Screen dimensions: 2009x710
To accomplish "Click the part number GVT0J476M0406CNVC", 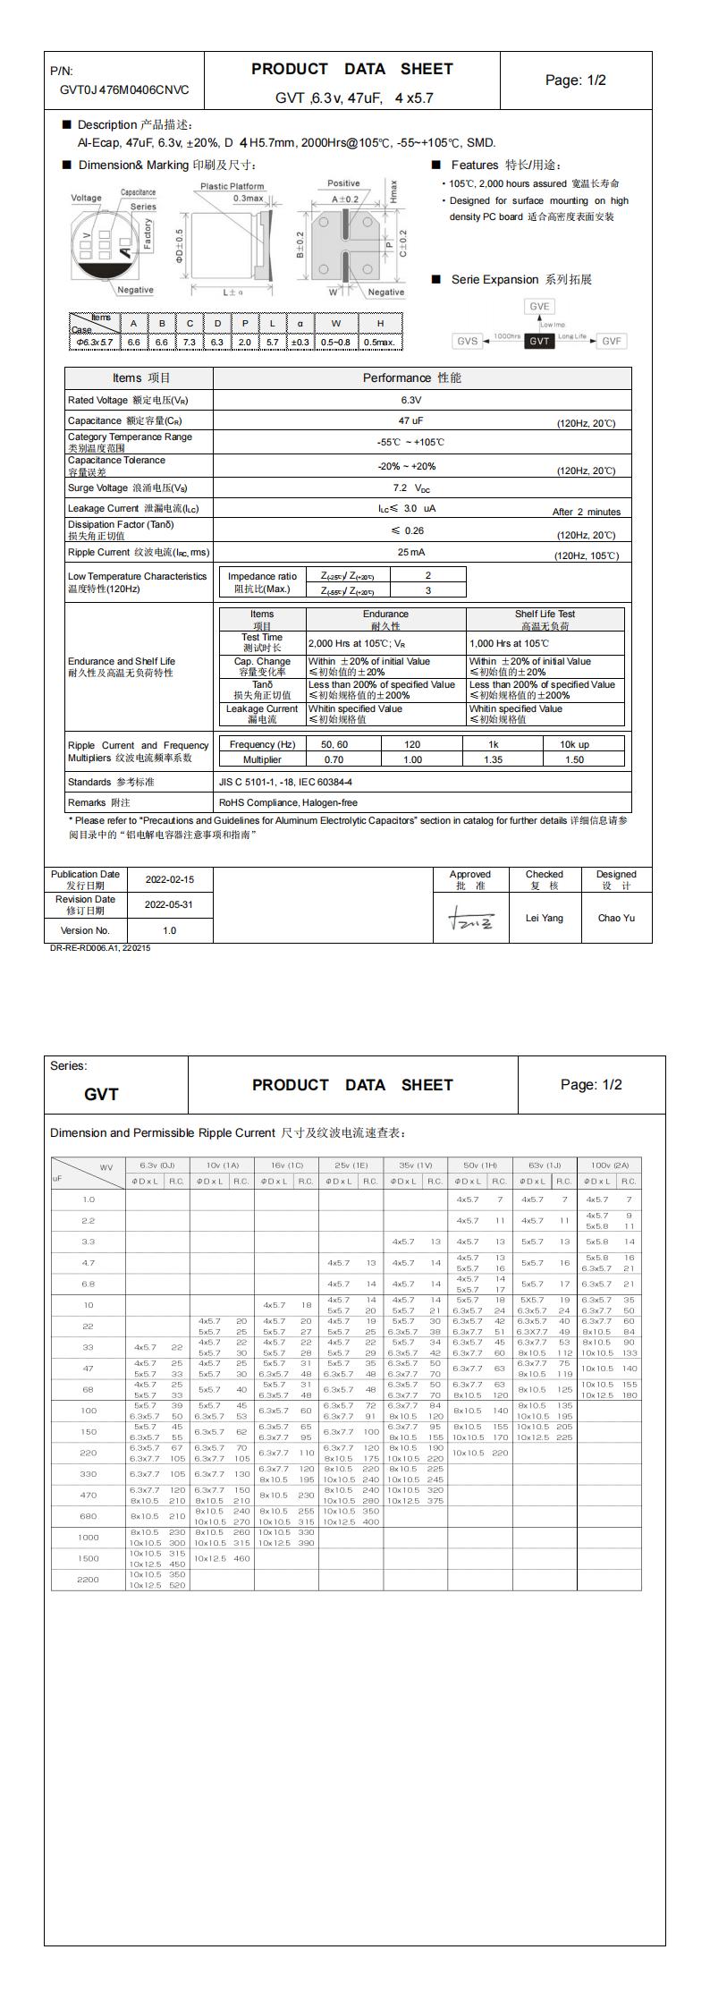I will click(124, 89).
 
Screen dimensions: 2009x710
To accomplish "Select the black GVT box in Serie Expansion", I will click(539, 341).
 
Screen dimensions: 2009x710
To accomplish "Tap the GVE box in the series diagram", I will click(539, 306).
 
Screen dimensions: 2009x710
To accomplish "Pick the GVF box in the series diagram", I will click(612, 341).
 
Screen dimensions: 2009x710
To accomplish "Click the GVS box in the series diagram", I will click(468, 341).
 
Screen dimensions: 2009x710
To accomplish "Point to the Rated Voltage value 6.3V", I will click(410, 400).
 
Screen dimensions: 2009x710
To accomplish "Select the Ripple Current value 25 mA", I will click(410, 552).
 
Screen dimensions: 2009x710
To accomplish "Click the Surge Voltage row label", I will click(128, 488).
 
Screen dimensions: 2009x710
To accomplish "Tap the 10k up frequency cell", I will click(574, 744).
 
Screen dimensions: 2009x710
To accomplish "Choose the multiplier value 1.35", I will click(493, 759).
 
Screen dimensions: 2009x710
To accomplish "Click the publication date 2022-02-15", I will click(169, 879).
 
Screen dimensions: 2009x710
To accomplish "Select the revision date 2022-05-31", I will click(169, 904).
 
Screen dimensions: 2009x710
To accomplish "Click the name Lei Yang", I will click(545, 918).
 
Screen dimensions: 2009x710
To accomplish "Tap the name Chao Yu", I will click(616, 918).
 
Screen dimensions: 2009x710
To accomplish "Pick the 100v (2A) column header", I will click(608, 1165).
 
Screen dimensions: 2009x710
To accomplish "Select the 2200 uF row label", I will click(88, 1579).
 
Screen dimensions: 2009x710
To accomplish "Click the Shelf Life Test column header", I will click(545, 619).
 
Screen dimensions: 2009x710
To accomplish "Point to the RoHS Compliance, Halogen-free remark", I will click(288, 802).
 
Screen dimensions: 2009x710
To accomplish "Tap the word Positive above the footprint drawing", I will click(343, 183).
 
